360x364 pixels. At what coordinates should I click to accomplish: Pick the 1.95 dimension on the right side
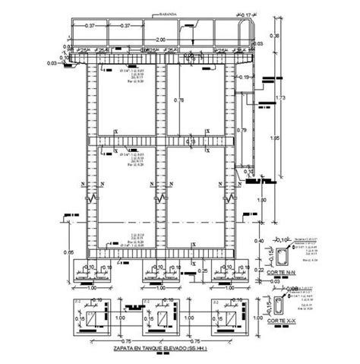tap(274, 139)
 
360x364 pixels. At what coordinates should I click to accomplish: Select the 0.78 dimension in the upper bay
tap(178, 101)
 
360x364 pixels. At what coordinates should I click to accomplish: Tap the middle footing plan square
tap(157, 320)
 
